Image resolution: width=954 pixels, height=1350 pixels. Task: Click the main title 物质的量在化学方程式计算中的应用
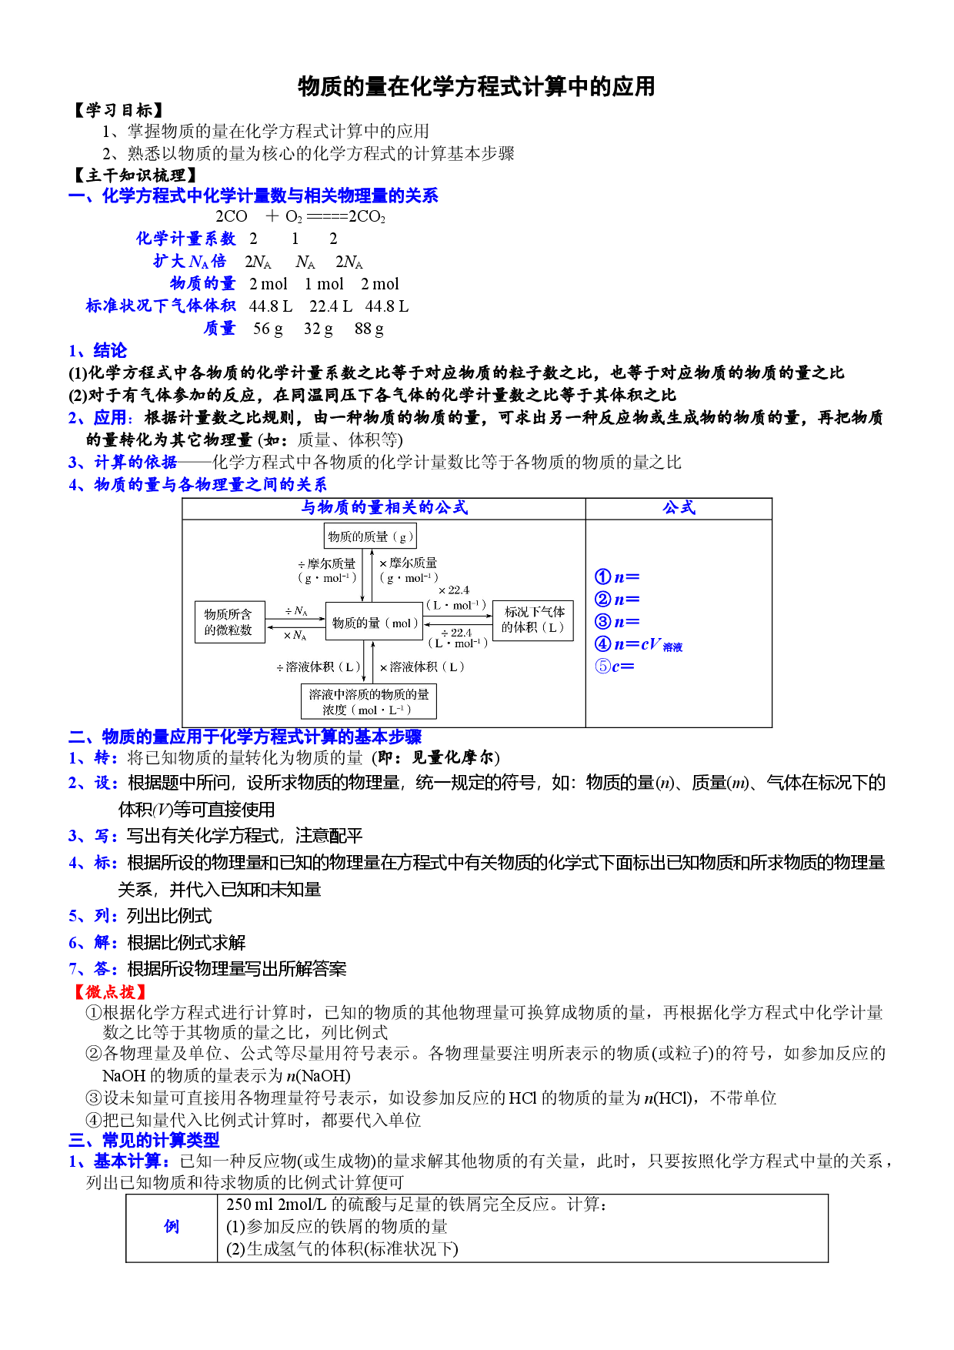(x=476, y=86)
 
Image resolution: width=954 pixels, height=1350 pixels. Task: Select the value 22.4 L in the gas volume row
(x=331, y=306)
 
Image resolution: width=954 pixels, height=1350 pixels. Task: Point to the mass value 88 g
(x=369, y=329)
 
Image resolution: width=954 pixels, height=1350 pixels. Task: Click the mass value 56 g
(x=268, y=329)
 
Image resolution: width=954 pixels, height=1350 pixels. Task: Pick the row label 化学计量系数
(x=185, y=239)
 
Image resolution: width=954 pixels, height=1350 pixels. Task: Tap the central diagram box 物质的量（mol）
(x=375, y=623)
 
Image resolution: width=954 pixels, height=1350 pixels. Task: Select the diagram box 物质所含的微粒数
(x=229, y=622)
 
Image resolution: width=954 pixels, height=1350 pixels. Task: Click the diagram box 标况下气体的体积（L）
(x=533, y=620)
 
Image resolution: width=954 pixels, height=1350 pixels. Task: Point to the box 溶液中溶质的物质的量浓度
(x=369, y=701)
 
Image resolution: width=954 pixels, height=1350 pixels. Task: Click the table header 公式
(x=679, y=508)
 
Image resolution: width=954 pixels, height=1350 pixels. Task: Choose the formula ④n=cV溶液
(x=639, y=644)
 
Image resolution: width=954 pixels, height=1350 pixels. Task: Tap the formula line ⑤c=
(x=615, y=667)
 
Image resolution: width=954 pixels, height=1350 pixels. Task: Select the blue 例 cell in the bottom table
(x=172, y=1227)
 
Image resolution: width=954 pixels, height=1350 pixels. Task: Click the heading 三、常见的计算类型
(x=145, y=1140)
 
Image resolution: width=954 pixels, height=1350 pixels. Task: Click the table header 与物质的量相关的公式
(x=384, y=508)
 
